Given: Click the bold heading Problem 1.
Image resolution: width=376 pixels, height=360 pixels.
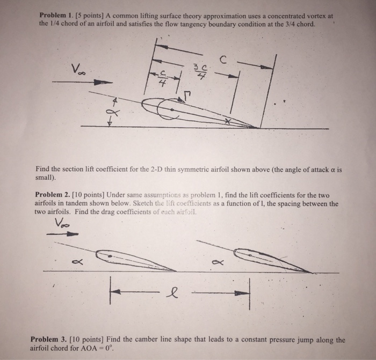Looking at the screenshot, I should coord(56,16).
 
